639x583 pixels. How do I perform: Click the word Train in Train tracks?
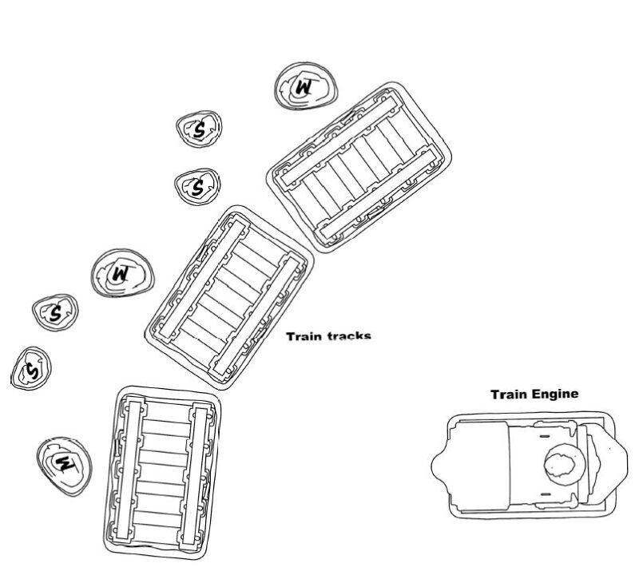(x=304, y=337)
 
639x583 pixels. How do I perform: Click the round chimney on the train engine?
(x=564, y=466)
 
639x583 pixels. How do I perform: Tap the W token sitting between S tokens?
(x=121, y=274)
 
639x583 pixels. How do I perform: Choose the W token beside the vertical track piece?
(x=64, y=462)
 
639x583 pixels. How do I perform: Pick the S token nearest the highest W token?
(x=198, y=129)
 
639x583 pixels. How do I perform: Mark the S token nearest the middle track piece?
(x=196, y=186)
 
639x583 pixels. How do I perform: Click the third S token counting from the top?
(x=55, y=312)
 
